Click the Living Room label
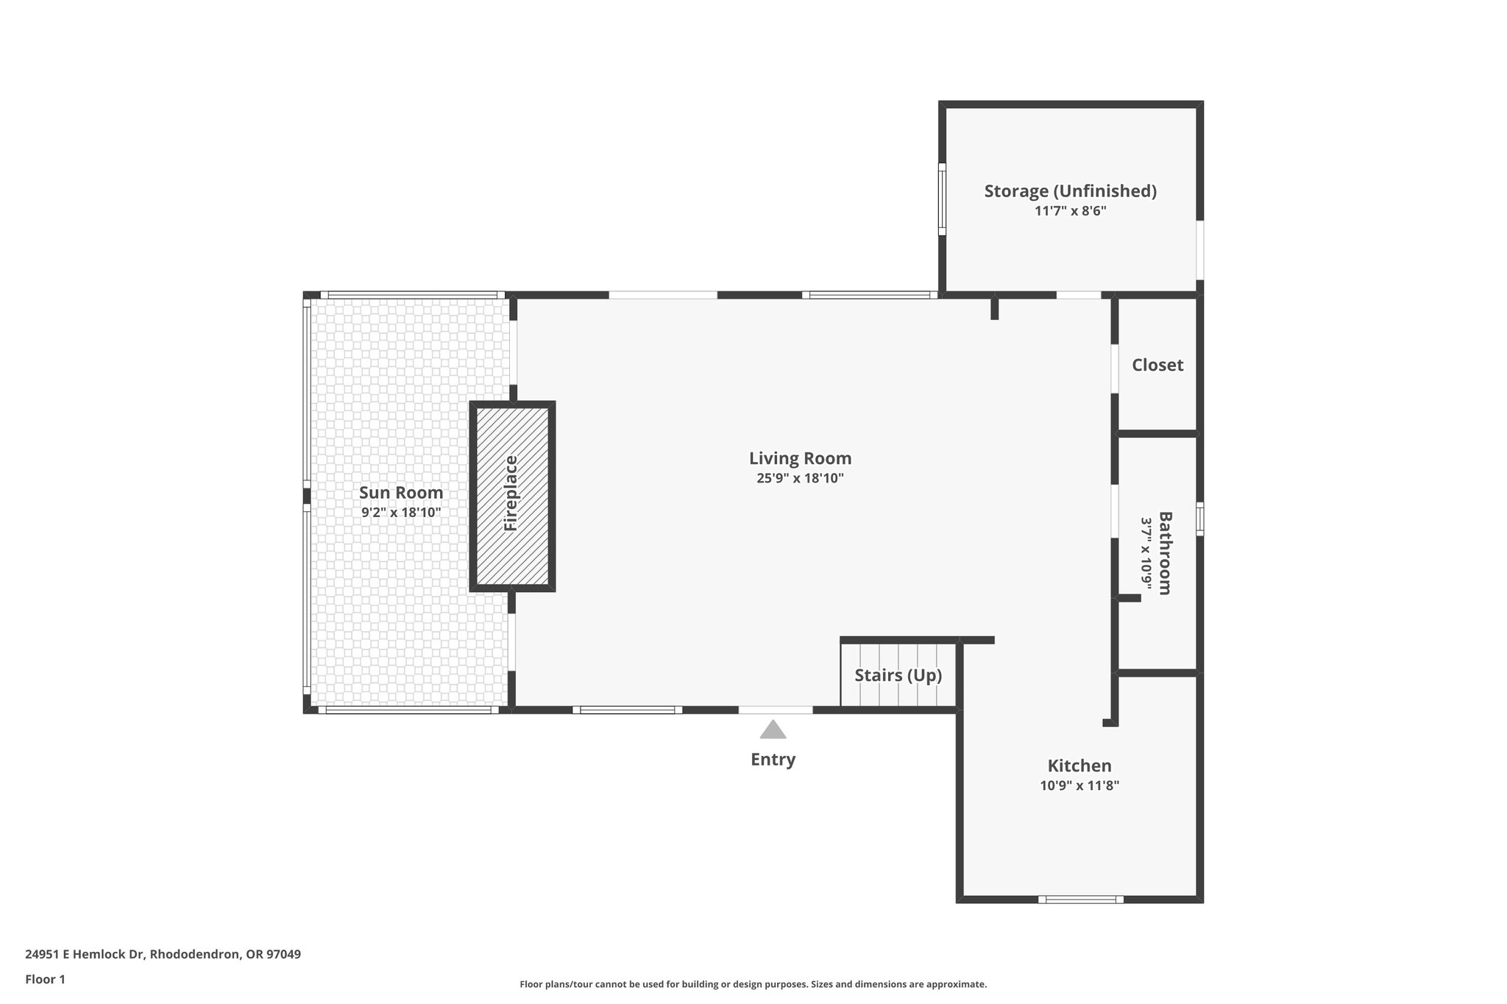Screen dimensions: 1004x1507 click(800, 458)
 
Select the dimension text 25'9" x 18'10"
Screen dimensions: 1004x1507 click(800, 478)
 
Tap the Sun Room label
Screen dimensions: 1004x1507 click(401, 493)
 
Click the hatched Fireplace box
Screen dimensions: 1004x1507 click(512, 496)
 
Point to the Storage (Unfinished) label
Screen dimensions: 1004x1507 click(1070, 191)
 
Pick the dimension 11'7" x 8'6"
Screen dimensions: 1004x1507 click(1070, 211)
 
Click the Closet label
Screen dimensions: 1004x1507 click(1157, 365)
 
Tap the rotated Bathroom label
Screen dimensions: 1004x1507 click(1165, 552)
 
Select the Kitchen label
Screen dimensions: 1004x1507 click(1079, 766)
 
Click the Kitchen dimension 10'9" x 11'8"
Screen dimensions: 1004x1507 click(1079, 786)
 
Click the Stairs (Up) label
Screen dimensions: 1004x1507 click(898, 675)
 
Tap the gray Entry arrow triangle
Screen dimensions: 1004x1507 click(773, 730)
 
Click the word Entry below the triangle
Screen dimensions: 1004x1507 click(773, 760)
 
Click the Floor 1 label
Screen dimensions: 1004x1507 click(45, 980)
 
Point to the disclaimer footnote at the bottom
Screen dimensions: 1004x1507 click(753, 984)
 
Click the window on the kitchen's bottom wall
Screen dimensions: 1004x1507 click(1080, 899)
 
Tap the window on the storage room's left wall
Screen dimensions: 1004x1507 click(942, 199)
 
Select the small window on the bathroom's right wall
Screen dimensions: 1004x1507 click(1199, 519)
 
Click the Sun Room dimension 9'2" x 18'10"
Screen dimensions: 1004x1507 click(401, 513)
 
